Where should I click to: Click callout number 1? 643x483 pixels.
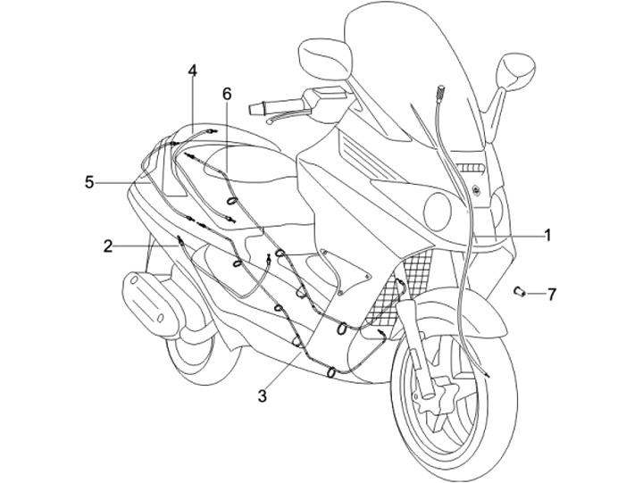point(547,236)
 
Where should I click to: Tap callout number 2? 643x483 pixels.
point(108,246)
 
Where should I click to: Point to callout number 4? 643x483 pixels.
point(193,71)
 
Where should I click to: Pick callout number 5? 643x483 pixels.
point(89,182)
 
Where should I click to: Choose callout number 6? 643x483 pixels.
point(226,93)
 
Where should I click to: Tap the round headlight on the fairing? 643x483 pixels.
point(437,212)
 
